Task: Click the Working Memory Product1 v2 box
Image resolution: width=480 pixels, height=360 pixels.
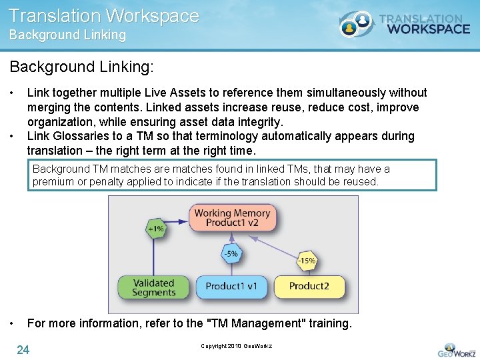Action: point(232,218)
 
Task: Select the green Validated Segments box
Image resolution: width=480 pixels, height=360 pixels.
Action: point(153,287)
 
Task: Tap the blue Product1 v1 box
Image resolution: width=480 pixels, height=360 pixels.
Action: point(231,287)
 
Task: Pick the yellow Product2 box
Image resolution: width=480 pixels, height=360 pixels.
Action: point(309,287)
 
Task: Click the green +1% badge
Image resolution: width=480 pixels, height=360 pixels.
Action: point(155,229)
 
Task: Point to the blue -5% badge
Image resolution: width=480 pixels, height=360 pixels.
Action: point(231,253)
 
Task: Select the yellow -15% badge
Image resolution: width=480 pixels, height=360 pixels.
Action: point(307,261)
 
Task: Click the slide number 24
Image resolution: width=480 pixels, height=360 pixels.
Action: point(23,349)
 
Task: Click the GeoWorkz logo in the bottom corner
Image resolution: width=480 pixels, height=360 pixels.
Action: point(456,349)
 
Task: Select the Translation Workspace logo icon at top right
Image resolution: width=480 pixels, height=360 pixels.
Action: point(354,24)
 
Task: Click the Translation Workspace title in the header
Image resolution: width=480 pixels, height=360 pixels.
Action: point(104,15)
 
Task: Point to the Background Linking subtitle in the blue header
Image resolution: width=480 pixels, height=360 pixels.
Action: point(67,35)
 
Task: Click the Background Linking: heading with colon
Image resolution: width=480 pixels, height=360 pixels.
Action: point(81,67)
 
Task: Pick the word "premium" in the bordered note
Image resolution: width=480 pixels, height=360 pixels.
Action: point(53,181)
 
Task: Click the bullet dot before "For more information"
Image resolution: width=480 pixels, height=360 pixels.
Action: point(13,323)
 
